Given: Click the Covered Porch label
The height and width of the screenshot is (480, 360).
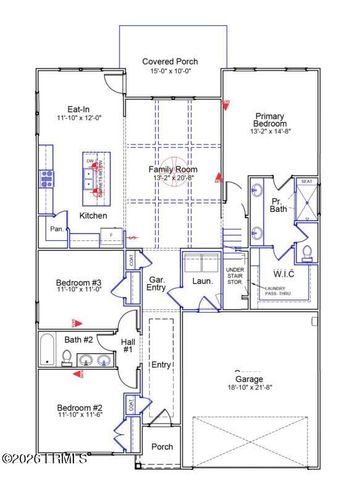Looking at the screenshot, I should click(169, 61).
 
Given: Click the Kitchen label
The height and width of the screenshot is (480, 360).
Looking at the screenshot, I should click(93, 215).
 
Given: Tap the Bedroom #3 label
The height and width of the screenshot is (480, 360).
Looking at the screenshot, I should click(79, 283).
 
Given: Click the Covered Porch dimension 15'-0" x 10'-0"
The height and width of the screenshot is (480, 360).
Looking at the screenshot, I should click(169, 71).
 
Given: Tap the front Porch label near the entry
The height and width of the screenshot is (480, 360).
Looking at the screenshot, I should click(161, 447).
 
